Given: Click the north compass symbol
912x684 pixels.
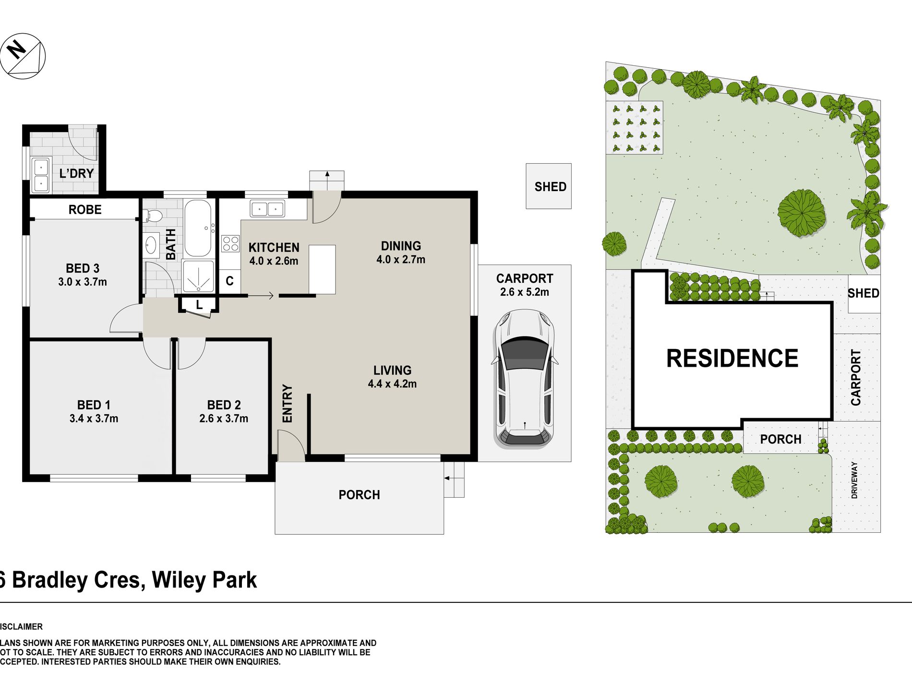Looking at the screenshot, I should pyautogui.click(x=23, y=56).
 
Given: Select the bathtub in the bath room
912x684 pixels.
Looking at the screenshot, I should pyautogui.click(x=198, y=228).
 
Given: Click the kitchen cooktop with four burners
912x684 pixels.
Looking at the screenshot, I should pyautogui.click(x=230, y=244).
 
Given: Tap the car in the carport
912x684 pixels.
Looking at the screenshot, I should pyautogui.click(x=525, y=379).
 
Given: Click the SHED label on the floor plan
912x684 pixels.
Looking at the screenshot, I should pyautogui.click(x=550, y=187).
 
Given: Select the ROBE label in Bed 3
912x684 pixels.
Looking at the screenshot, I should pyautogui.click(x=85, y=210).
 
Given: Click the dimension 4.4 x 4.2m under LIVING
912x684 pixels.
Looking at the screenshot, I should pyautogui.click(x=392, y=384).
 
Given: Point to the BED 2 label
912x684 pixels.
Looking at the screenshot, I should pyautogui.click(x=224, y=405).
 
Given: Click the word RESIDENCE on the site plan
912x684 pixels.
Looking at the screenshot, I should pyautogui.click(x=732, y=359).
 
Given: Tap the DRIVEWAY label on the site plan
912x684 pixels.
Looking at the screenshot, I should pyautogui.click(x=854, y=480).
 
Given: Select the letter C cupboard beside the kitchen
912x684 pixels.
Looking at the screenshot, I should pyautogui.click(x=229, y=281).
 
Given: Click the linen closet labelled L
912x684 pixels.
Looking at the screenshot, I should pyautogui.click(x=199, y=305).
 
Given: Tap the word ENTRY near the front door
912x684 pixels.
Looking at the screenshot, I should pyautogui.click(x=287, y=403).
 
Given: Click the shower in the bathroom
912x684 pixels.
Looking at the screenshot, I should pyautogui.click(x=198, y=276).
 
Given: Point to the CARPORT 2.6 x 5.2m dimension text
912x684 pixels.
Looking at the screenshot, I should pyautogui.click(x=524, y=292).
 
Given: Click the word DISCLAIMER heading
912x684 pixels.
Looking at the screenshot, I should pyautogui.click(x=21, y=626).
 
